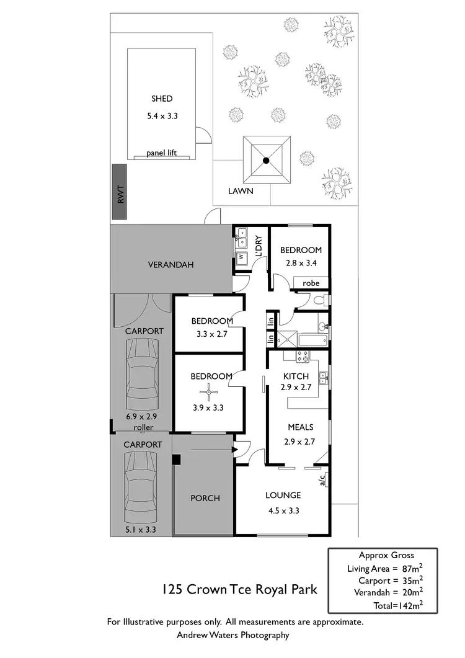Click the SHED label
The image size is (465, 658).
(x=161, y=99)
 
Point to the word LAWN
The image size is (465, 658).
(x=240, y=191)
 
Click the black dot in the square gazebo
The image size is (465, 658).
(x=266, y=161)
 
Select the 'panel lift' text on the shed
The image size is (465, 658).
(x=161, y=153)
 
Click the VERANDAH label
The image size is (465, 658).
(x=170, y=265)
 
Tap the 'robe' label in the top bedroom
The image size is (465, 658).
(x=311, y=283)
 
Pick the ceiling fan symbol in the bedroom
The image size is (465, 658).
(x=210, y=392)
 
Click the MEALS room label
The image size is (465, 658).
(x=300, y=427)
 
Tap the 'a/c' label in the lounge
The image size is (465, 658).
(x=322, y=479)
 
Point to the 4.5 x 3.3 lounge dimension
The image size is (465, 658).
(x=283, y=511)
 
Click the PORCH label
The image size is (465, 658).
(x=205, y=498)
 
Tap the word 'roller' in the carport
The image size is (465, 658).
(x=143, y=427)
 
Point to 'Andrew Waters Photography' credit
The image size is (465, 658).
(x=233, y=634)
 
